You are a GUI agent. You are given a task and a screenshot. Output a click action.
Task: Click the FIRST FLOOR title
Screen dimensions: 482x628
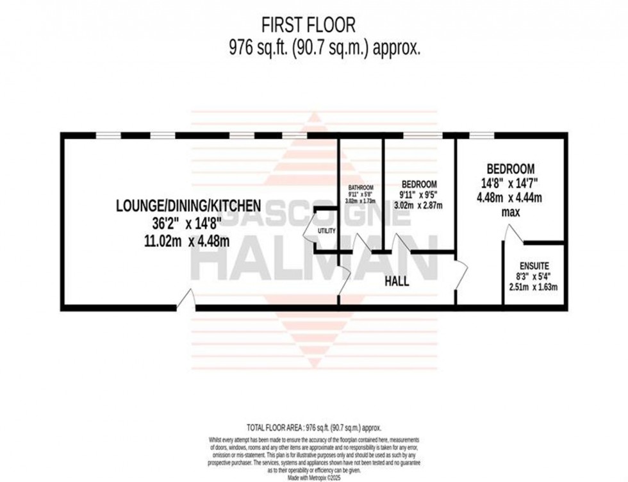tap(308, 25)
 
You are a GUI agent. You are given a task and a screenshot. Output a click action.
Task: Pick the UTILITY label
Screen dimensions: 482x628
tap(326, 230)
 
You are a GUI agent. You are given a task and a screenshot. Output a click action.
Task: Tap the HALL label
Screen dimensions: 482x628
tap(397, 281)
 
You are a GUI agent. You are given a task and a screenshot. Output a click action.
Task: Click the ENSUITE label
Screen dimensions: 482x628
tap(534, 265)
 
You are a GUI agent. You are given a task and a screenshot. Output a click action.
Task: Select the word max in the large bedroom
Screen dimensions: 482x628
tap(510, 212)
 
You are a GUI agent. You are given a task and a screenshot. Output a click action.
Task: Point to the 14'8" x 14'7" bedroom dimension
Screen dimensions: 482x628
tap(510, 183)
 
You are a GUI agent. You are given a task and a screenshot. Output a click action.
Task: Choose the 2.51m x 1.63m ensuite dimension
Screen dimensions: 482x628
tap(534, 287)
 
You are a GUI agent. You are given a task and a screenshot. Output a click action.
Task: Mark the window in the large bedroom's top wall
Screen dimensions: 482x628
tap(481, 136)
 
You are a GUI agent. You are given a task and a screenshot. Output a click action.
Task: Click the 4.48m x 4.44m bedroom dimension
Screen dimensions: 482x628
tap(510, 197)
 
